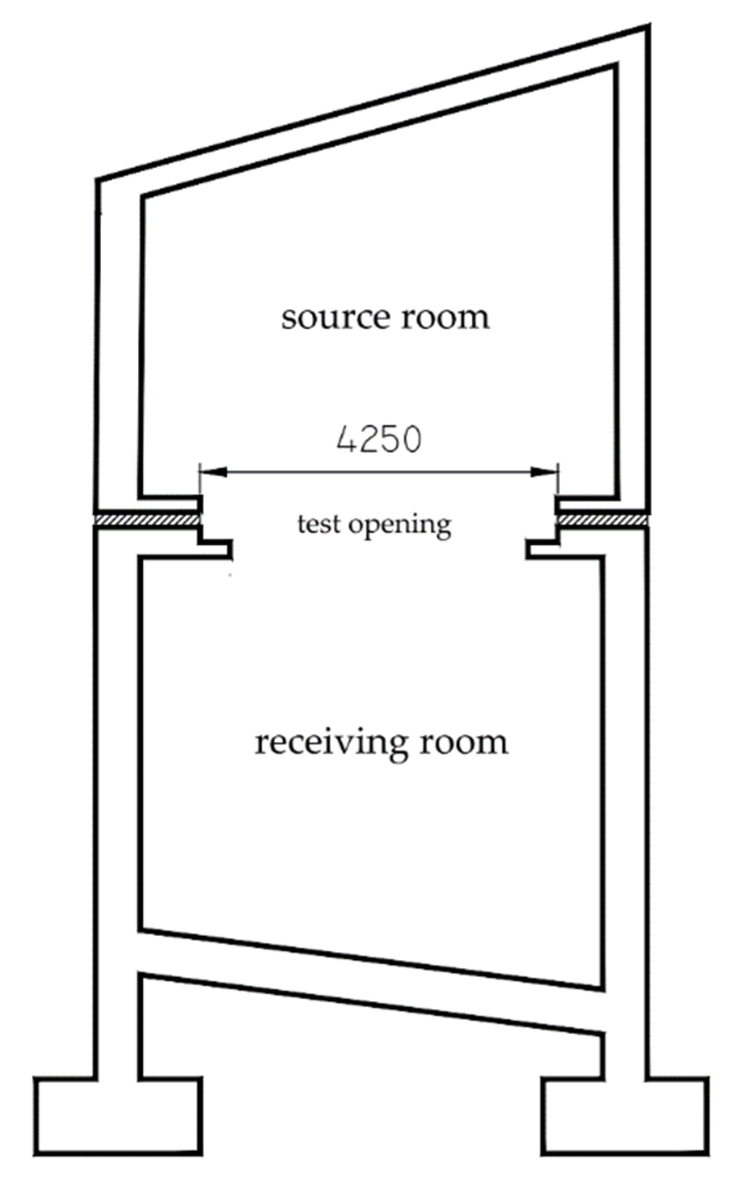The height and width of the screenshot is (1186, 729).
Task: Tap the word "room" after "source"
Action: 446,319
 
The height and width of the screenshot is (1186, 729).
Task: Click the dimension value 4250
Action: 378,440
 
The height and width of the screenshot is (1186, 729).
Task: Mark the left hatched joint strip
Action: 148,519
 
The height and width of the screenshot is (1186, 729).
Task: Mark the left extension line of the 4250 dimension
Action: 199,480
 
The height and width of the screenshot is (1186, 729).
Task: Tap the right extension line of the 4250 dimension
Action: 558,480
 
